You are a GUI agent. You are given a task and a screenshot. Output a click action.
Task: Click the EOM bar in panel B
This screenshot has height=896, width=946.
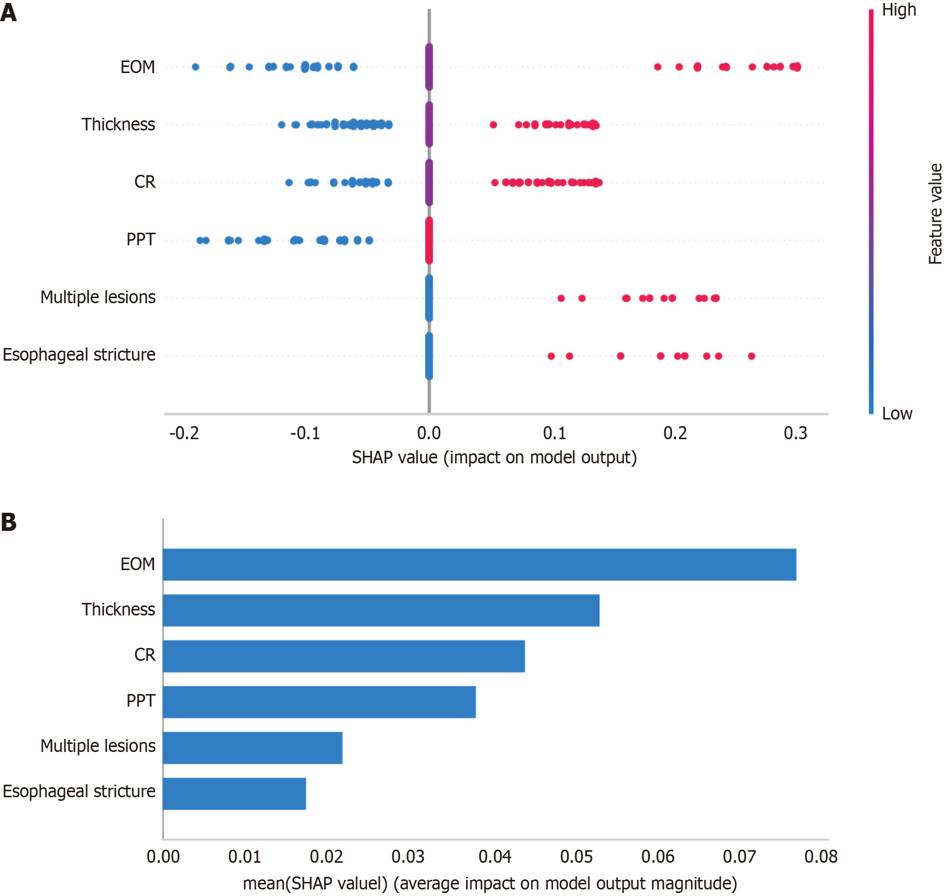[x=479, y=565]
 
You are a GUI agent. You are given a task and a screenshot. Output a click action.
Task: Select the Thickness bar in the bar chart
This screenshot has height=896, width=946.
[x=381, y=610]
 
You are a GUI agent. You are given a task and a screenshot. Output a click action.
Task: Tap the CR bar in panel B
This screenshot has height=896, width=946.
[x=344, y=656]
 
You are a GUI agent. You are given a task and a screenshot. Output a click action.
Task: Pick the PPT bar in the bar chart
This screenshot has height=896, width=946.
[x=319, y=702]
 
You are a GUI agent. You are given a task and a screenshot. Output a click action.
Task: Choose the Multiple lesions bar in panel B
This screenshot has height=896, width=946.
[x=252, y=747]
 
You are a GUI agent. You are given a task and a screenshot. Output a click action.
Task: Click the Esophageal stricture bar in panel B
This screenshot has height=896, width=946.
[x=234, y=793]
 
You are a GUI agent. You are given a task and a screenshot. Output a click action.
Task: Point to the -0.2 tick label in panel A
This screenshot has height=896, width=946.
[x=184, y=433]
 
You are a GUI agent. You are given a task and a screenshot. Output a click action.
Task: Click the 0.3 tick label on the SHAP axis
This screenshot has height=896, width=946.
[x=795, y=433]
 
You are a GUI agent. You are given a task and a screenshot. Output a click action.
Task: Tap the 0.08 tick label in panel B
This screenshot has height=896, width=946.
[x=821, y=857]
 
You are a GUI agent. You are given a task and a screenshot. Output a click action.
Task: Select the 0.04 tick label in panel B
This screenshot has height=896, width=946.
[x=494, y=857]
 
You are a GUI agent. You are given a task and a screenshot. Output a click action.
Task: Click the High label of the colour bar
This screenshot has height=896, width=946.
[x=899, y=10]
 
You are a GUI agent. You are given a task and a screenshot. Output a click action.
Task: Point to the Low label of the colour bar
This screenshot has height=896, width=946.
[x=897, y=413]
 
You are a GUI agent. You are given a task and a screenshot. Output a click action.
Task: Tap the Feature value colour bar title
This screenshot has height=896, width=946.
[x=935, y=214]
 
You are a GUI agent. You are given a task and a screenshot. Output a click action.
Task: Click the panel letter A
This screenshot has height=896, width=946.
[x=9, y=12]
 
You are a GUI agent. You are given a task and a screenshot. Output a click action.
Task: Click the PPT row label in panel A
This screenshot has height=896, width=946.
[x=141, y=239]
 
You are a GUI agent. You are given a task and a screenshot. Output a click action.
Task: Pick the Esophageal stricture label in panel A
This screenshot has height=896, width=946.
[x=79, y=355]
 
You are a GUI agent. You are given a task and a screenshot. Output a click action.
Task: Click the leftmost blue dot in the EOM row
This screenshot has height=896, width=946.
[x=195, y=67]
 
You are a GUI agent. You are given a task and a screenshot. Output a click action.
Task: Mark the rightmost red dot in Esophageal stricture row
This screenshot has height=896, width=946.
[x=752, y=356]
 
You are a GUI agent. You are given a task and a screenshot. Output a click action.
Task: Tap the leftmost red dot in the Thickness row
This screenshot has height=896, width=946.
[x=493, y=125]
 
